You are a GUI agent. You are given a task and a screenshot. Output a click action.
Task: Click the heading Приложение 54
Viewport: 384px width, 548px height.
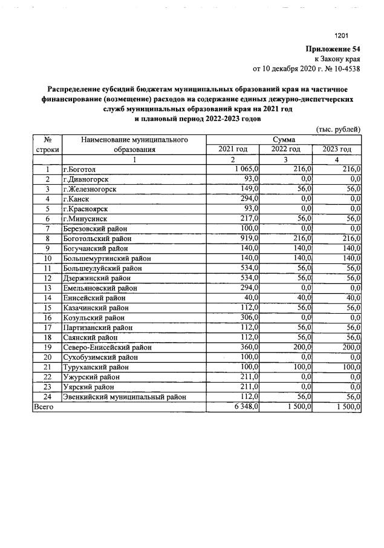(x=332, y=49)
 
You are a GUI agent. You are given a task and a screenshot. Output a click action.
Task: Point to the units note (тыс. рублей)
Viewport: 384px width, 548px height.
(x=339, y=129)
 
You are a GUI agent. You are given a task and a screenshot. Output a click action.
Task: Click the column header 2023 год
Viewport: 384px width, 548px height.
(x=337, y=149)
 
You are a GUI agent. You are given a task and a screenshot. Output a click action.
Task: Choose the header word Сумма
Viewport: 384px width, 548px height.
(x=284, y=139)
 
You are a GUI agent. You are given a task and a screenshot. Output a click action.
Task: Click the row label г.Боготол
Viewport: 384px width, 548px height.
(x=83, y=169)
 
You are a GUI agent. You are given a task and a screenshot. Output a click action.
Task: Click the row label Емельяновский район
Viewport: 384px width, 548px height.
(x=97, y=288)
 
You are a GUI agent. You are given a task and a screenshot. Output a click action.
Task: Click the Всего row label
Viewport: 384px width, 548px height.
(x=44, y=407)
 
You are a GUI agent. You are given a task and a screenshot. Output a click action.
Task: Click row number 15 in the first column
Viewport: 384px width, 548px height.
(x=47, y=308)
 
